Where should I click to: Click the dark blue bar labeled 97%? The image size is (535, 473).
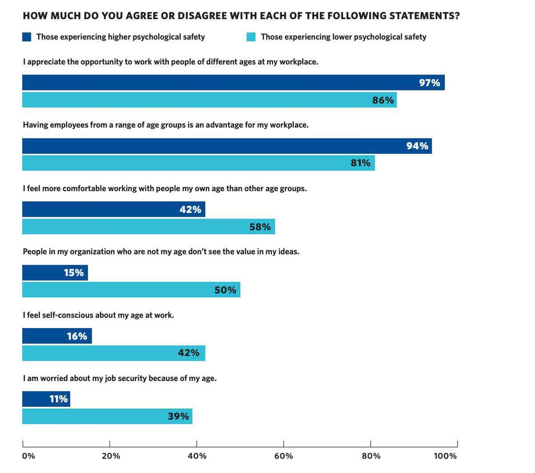tap(233, 82)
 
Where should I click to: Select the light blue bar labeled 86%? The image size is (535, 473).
tap(209, 100)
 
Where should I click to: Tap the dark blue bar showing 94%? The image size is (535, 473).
tap(227, 146)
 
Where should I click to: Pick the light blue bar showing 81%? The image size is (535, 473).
tap(198, 163)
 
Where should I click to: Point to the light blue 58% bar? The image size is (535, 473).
tap(148, 226)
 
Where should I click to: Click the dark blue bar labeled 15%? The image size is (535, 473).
tap(55, 272)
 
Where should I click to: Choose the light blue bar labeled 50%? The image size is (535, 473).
tap(131, 290)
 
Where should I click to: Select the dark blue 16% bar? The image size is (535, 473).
tap(57, 336)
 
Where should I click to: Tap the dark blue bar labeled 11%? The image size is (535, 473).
tap(46, 399)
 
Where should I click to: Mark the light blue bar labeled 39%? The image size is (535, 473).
tap(107, 416)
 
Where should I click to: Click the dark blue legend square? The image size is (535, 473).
tap(27, 37)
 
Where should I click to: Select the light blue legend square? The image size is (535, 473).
tap(251, 37)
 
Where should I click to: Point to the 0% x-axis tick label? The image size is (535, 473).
tap(28, 456)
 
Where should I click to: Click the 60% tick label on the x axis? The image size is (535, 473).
tap(284, 456)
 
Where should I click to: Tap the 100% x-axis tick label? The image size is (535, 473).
tap(445, 456)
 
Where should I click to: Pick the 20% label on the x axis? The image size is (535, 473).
tap(111, 456)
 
